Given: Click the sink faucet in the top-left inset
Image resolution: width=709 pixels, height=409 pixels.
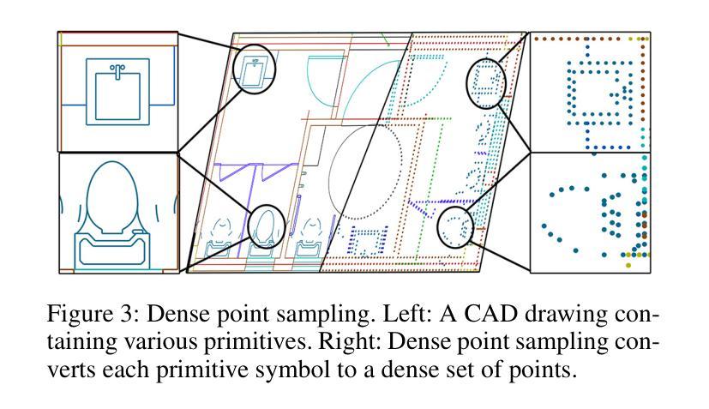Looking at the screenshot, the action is [117, 71].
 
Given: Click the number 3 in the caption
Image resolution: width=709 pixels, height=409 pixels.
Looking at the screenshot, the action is [130, 314].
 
